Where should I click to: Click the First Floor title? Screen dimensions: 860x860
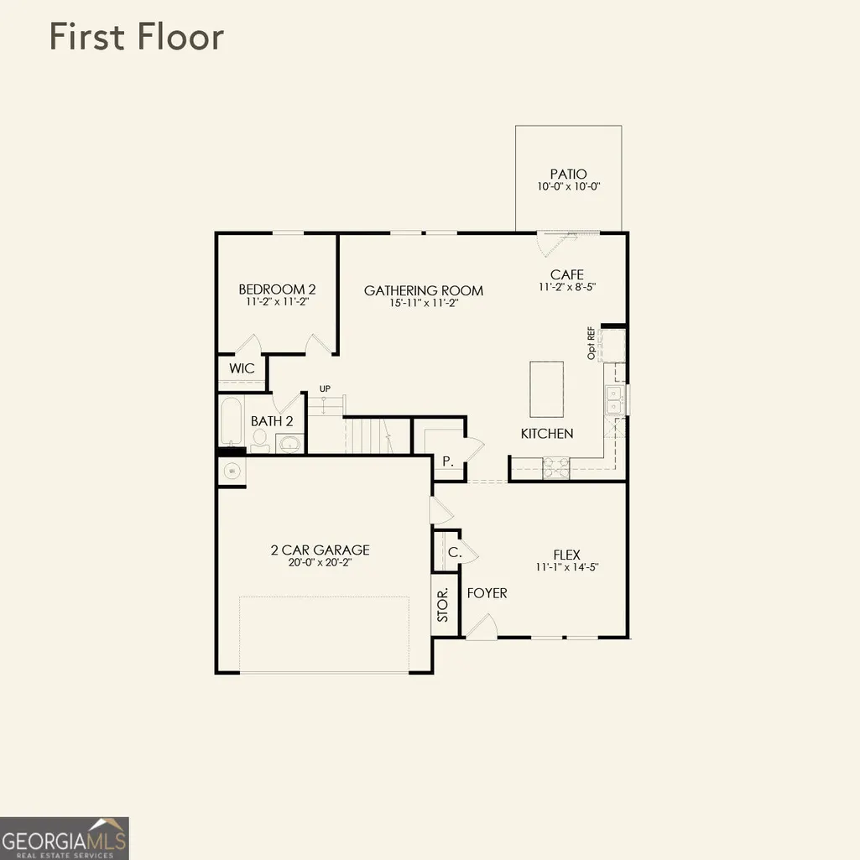pyautogui.click(x=137, y=37)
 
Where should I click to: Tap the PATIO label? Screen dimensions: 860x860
pyautogui.click(x=568, y=174)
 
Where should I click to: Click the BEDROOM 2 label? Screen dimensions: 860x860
pyautogui.click(x=277, y=289)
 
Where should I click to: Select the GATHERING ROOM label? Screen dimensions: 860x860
pyautogui.click(x=424, y=290)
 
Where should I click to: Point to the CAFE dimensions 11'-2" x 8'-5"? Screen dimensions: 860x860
pyautogui.click(x=567, y=287)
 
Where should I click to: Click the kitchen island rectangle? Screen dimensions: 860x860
pyautogui.click(x=546, y=388)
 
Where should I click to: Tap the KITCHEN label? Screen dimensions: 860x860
pyautogui.click(x=547, y=433)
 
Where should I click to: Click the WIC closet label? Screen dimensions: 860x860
pyautogui.click(x=242, y=368)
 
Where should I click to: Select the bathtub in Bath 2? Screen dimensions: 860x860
pyautogui.click(x=231, y=421)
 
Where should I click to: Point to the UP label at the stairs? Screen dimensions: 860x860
pyautogui.click(x=325, y=388)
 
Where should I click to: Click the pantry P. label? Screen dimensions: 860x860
pyautogui.click(x=448, y=461)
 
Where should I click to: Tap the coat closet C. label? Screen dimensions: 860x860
pyautogui.click(x=455, y=552)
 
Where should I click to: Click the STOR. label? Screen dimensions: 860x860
pyautogui.click(x=443, y=604)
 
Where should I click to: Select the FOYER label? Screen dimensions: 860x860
pyautogui.click(x=487, y=593)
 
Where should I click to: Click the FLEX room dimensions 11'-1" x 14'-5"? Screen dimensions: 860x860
pyautogui.click(x=567, y=567)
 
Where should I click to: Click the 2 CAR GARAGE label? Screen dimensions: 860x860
pyautogui.click(x=321, y=550)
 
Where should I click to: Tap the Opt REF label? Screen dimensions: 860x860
pyautogui.click(x=591, y=343)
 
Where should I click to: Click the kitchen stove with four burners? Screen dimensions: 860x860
pyautogui.click(x=556, y=468)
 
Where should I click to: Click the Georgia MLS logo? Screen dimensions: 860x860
pyautogui.click(x=64, y=838)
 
